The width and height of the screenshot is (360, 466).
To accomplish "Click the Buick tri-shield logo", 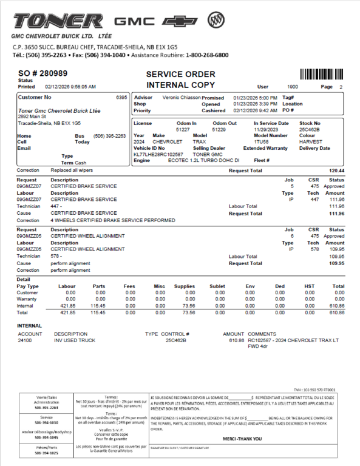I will pos(215,20).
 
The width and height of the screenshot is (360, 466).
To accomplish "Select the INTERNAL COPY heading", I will pos(180,85).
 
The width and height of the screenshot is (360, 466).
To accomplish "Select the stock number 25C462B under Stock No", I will pos(310,129).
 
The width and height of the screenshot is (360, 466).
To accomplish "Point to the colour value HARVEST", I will pos(311,141).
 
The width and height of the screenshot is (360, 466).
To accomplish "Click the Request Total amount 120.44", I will pos(336,171).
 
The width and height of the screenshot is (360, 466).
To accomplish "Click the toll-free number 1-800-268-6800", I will pos(207,55).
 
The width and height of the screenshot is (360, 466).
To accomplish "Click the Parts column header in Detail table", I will pos(99,286).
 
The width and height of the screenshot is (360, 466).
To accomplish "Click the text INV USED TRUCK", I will pos(75,340).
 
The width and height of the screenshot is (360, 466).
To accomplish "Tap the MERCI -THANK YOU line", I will pos(242,438).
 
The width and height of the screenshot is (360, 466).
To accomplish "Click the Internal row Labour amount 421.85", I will pos(67,306).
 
